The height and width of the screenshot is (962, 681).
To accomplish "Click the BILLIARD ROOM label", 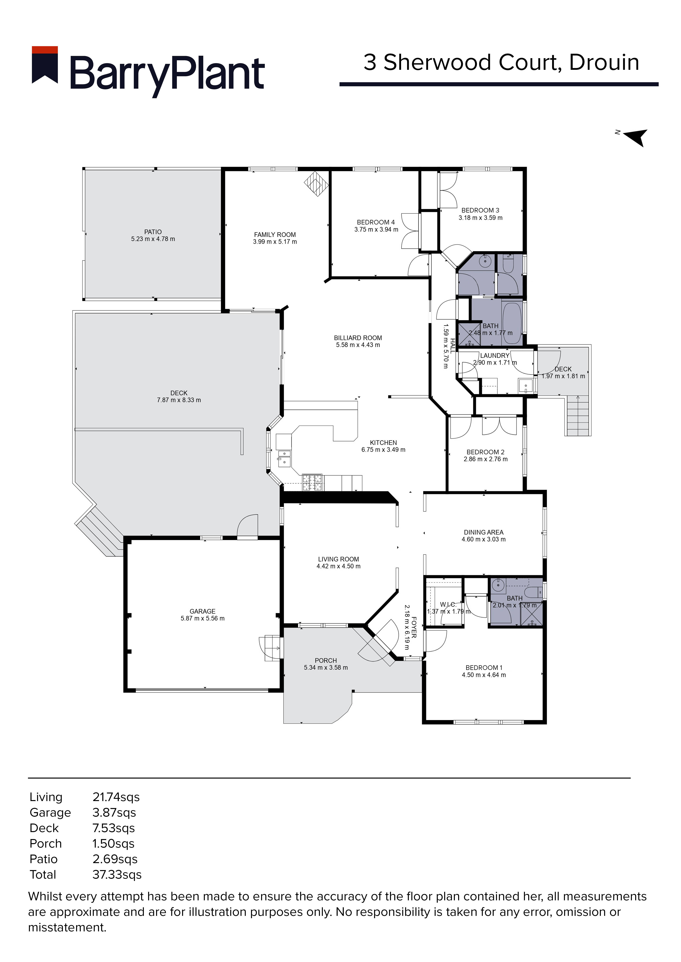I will click(x=358, y=338).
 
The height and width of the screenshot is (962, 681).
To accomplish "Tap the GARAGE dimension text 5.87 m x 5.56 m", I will click(x=202, y=618).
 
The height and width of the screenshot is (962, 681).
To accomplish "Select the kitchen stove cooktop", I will click(x=312, y=482).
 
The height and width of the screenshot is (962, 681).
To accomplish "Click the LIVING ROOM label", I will click(x=338, y=559).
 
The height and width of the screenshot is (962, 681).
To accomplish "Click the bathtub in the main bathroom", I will click(x=512, y=323).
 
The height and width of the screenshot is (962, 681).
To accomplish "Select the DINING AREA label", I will click(x=484, y=532).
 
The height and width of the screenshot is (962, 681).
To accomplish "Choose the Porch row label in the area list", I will click(x=46, y=844).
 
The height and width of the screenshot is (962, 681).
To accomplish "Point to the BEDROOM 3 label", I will click(x=480, y=210).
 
